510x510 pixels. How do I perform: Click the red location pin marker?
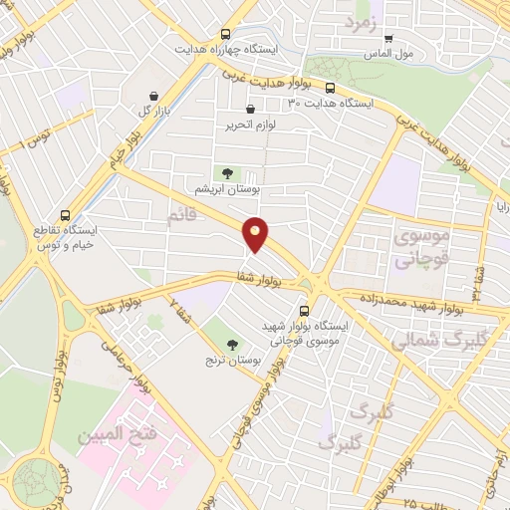[x=256, y=233]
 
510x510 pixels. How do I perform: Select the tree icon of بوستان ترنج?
[x=232, y=345]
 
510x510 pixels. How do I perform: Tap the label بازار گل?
[x=149, y=110]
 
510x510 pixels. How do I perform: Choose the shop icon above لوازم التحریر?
[x=250, y=110]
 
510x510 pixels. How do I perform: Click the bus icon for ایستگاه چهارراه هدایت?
[x=226, y=33]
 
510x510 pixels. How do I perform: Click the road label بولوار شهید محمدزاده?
[x=402, y=301]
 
